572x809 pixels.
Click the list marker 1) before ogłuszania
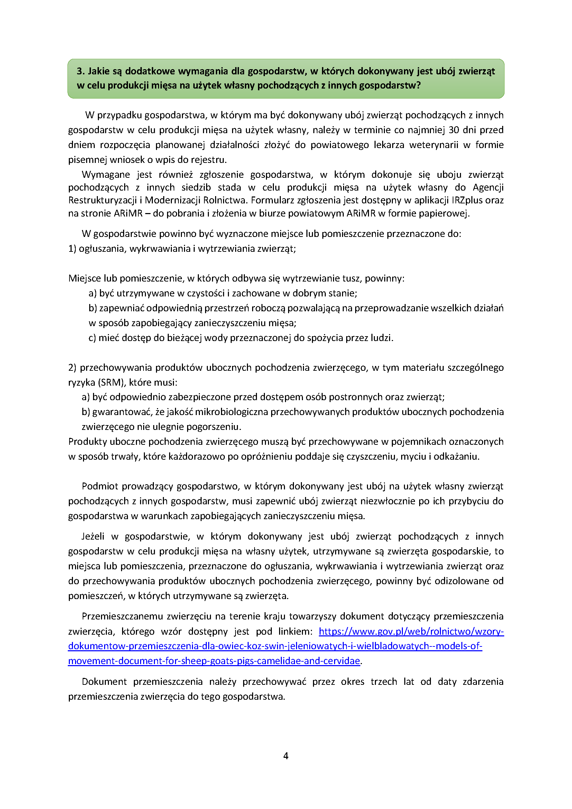72,249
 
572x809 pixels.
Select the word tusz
351,278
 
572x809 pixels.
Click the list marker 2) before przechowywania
72,368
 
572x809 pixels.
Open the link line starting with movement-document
214,661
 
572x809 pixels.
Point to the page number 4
286,756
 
